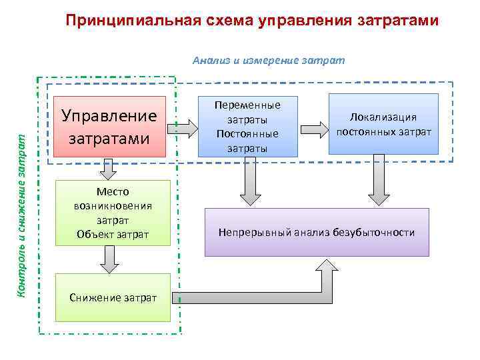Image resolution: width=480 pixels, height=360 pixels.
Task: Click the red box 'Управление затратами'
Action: click(109, 127)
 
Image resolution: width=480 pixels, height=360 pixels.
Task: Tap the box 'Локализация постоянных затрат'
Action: click(383, 125)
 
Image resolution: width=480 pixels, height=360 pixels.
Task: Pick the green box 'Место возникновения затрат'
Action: click(113, 213)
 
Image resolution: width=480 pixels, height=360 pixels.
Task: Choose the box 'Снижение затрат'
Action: click(113, 297)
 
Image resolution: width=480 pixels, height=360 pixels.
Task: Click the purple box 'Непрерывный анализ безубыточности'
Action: click(317, 232)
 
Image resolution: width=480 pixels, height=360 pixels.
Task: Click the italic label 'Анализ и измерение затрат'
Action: click(269, 61)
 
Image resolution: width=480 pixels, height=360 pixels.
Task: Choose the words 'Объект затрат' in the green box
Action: click(113, 234)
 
